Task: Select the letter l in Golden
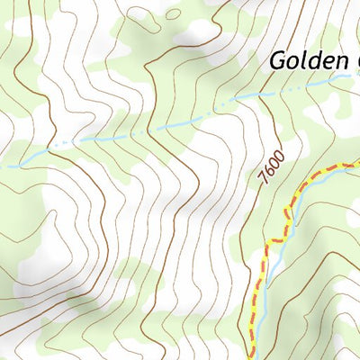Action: [x=304, y=60]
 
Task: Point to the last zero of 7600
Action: [x=273, y=156]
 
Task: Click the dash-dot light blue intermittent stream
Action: [x=135, y=133]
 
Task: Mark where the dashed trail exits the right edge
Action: [x=357, y=161]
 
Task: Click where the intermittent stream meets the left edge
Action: [x=2, y=166]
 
